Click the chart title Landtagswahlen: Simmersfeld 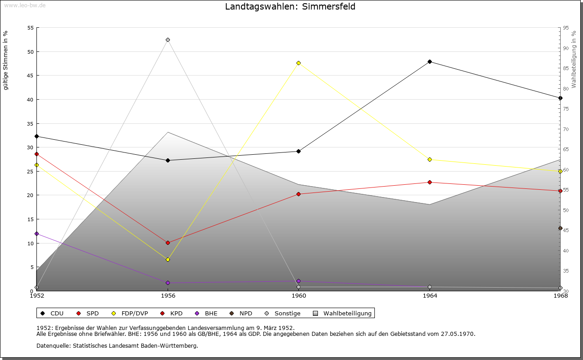tap(290, 7)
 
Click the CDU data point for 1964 tap(430, 61)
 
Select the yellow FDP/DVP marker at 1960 tap(298, 63)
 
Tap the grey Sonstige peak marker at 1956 tap(168, 40)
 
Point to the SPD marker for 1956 tap(168, 243)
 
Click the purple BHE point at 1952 tap(37, 233)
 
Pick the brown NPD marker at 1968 tap(560, 228)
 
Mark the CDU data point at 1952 tap(37, 136)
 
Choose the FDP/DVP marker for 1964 tap(430, 159)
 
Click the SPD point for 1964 tap(430, 182)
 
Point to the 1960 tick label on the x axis tap(299, 296)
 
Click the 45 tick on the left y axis tap(31, 76)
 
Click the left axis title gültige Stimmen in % tap(5, 60)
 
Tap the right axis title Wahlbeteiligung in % tap(574, 59)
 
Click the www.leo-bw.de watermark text tap(24, 5)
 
